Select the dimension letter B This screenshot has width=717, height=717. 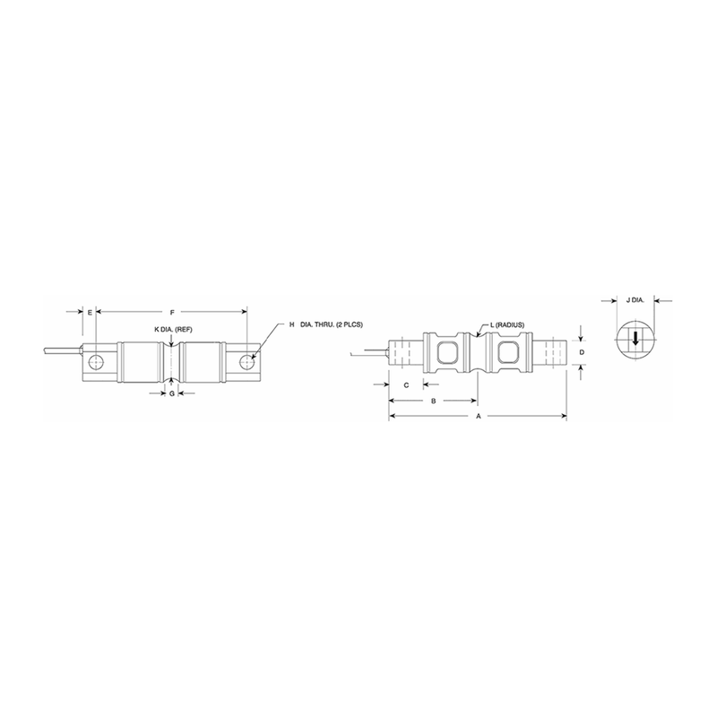coord(434,401)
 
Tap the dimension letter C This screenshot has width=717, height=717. coord(407,384)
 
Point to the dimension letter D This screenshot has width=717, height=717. coord(582,353)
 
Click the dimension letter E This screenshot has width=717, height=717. coord(90,312)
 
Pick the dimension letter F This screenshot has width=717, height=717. coord(172,312)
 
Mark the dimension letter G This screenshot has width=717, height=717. coord(171,393)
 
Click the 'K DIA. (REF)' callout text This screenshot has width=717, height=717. coord(173,330)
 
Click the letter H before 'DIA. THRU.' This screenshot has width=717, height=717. coord(291,324)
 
